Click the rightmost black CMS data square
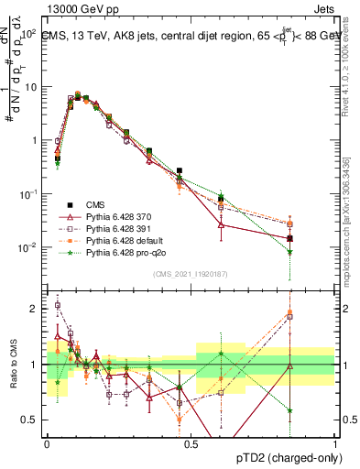click(289, 238)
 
